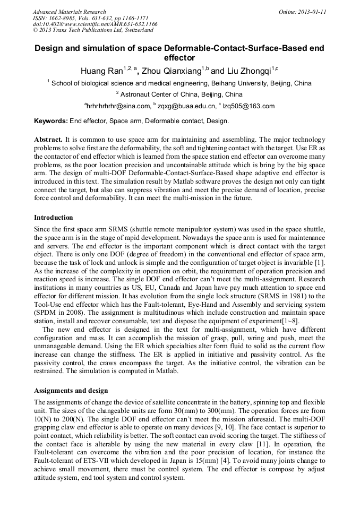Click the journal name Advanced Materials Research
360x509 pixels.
pos(70,12)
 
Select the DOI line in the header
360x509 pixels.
pos(95,24)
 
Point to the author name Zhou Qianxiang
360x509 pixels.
pos(173,71)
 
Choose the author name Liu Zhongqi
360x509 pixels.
pos(248,71)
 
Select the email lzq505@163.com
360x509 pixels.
pos(249,106)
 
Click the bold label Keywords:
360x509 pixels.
pos(51,121)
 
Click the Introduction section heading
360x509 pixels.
pos(54,218)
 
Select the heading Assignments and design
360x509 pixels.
pos(71,391)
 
